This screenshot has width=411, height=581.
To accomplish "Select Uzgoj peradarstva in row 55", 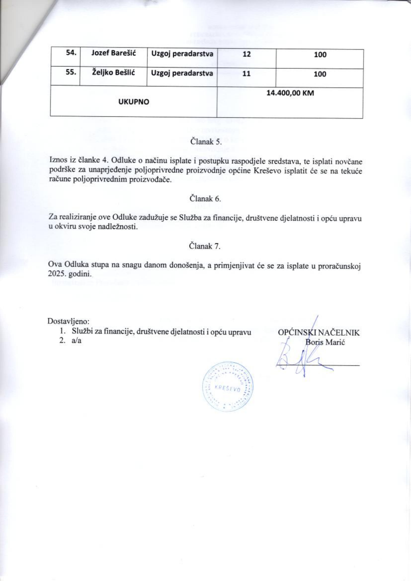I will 182,73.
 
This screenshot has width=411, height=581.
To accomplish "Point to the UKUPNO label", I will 134,102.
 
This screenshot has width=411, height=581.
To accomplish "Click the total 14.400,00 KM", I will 290,93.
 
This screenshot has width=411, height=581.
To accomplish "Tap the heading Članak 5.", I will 205,141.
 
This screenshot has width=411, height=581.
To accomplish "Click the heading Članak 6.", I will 205,198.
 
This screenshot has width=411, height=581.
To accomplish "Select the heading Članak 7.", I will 205,246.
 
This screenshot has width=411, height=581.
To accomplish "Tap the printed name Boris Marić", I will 326,343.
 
